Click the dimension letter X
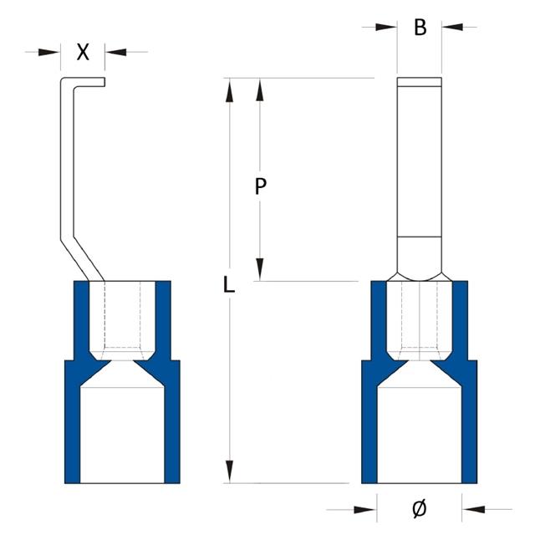83,52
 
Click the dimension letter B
420,28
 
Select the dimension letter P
260,187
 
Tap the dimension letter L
229,285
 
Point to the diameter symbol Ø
420,507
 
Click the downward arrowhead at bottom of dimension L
229,471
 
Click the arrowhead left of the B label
387,28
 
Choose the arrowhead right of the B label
452,28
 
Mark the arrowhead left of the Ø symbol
366,507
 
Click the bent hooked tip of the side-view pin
84,81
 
